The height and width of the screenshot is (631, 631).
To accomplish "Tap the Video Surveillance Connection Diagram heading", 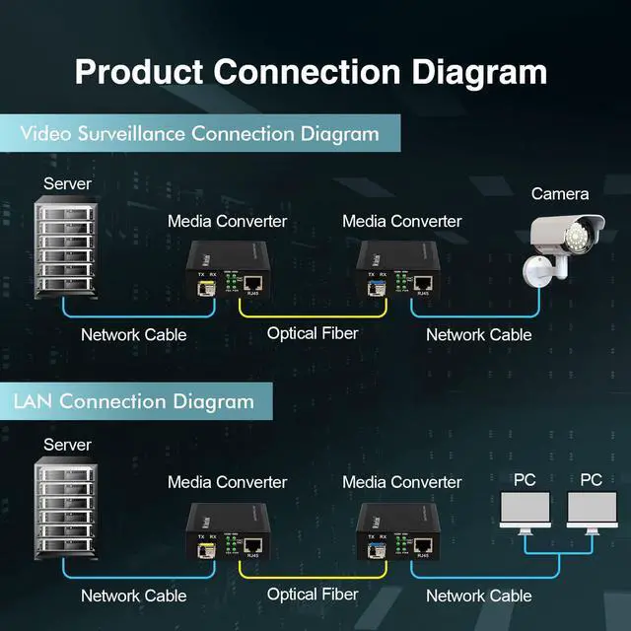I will click(199, 133).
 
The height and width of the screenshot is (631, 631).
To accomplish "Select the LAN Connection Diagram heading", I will click(133, 401).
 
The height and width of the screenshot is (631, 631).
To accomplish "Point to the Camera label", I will click(560, 194).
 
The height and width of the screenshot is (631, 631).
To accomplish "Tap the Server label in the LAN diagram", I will click(67, 445).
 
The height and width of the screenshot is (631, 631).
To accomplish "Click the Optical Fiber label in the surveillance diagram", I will click(313, 333).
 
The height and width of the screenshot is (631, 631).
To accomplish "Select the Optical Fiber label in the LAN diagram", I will click(313, 594).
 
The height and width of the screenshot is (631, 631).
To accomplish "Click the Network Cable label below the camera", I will click(478, 335).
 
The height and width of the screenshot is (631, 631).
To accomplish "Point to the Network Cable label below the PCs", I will click(478, 596).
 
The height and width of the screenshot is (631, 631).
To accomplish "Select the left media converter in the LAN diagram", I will click(227, 531).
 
